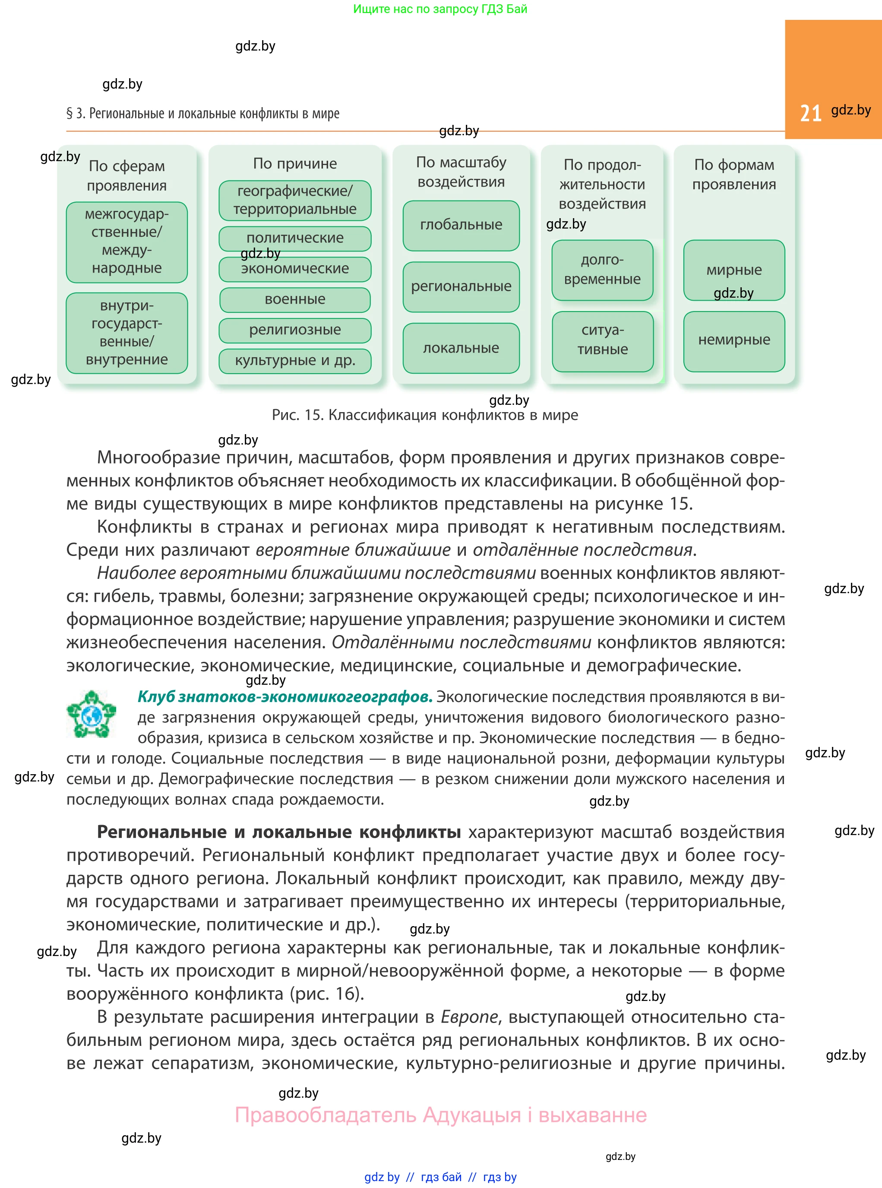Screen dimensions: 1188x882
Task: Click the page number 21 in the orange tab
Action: (x=810, y=113)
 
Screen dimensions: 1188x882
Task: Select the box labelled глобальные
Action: (x=461, y=225)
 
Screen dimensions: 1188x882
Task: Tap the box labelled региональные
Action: (x=461, y=286)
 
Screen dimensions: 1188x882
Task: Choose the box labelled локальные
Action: (x=461, y=348)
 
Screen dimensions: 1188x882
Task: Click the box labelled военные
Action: (x=295, y=299)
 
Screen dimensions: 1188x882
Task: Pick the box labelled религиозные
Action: (x=295, y=330)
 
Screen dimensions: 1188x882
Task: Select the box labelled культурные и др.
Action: (x=295, y=361)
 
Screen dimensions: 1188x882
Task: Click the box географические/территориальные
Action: (x=295, y=200)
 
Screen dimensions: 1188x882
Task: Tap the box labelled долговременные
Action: (x=602, y=269)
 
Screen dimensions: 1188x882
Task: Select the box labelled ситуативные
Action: (x=602, y=340)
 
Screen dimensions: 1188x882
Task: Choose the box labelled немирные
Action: (x=733, y=340)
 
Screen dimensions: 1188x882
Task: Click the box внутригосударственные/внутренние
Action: (x=126, y=332)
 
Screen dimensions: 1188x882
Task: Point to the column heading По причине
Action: (x=295, y=163)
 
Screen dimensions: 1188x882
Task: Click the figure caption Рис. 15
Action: (x=424, y=415)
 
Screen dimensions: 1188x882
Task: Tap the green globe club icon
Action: (x=91, y=714)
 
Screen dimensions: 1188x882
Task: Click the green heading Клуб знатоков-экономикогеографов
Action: (x=285, y=696)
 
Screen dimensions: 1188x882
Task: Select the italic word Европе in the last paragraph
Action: (x=469, y=1016)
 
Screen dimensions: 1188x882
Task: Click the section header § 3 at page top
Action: (x=202, y=113)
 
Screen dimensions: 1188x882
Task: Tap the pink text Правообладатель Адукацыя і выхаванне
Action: (x=440, y=1115)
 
